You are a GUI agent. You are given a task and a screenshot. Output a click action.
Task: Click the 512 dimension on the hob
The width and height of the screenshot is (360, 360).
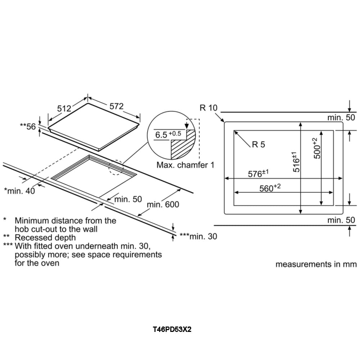click(64, 108)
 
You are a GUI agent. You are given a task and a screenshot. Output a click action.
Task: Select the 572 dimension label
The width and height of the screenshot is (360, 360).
click(116, 106)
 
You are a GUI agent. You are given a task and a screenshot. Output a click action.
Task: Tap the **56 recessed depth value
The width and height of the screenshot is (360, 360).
click(28, 126)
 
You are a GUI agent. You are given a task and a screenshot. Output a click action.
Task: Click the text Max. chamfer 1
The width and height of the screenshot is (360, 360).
click(185, 165)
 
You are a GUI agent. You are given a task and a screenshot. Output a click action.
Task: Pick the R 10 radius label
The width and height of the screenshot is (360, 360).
click(208, 108)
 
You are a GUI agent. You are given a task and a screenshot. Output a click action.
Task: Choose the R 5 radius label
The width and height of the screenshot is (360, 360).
click(258, 144)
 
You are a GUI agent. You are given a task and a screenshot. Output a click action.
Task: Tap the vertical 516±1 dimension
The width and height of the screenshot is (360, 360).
click(295, 162)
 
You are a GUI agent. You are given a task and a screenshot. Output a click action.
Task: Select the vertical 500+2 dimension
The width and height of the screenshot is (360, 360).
click(316, 148)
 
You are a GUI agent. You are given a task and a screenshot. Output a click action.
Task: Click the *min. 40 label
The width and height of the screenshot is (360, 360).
click(19, 191)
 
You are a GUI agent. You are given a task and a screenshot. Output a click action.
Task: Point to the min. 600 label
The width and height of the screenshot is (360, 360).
click(163, 204)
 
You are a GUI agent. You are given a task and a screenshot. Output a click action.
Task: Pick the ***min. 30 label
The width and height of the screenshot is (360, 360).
click(198, 236)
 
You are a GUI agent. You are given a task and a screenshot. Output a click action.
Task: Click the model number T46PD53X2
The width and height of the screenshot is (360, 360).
click(172, 329)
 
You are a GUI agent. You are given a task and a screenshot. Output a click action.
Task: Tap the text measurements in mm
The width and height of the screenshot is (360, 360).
click(316, 264)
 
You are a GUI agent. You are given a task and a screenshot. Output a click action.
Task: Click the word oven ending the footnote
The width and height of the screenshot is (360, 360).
click(51, 263)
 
